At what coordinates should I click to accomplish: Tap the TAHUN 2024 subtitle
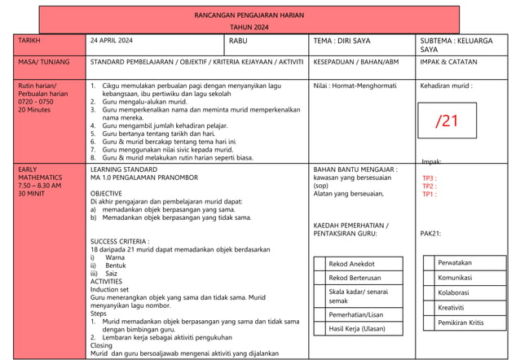(x=249, y=28)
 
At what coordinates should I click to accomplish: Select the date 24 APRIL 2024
(x=112, y=40)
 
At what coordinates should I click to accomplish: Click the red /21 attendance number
(x=447, y=122)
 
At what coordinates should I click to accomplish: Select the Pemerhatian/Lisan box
(x=355, y=314)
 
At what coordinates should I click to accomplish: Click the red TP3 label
(x=428, y=178)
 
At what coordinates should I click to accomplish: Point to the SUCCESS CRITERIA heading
(x=120, y=242)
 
